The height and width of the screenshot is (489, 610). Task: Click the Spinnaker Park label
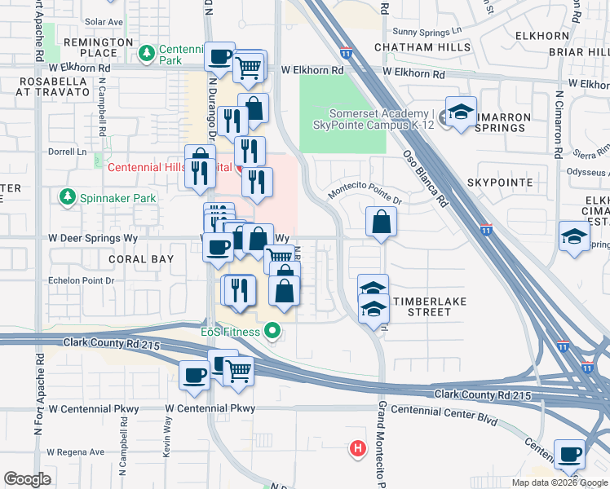104,197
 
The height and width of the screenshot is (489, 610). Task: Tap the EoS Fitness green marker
272,332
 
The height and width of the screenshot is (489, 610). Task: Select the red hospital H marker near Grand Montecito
356,447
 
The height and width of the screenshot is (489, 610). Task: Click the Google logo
29,479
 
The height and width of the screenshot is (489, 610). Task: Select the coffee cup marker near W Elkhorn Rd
220,57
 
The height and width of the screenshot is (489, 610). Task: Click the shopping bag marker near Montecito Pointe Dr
381,221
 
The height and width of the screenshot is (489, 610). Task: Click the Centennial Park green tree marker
147,54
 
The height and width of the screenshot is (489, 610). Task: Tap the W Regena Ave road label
75,452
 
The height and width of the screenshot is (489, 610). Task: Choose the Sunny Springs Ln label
427,31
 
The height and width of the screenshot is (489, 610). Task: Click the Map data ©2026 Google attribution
559,482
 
